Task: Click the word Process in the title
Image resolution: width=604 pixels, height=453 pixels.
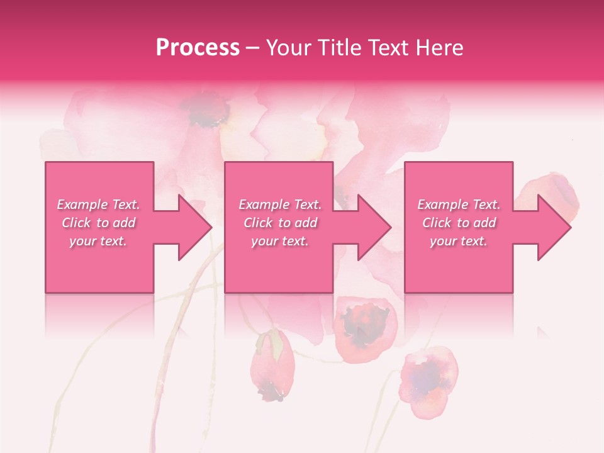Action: coord(198,48)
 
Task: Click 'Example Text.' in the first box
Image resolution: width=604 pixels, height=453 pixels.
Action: coord(98,204)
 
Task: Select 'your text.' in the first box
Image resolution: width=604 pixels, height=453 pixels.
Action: coord(98,241)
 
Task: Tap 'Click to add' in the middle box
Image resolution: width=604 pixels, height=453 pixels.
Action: coord(279,223)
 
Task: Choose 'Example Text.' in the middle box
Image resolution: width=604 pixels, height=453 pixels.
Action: coord(279,204)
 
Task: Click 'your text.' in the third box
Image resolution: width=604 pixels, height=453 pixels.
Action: coord(459,241)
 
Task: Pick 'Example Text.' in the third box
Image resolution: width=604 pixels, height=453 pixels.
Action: coord(459,204)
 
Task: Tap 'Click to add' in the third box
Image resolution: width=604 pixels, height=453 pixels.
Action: coord(459,223)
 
